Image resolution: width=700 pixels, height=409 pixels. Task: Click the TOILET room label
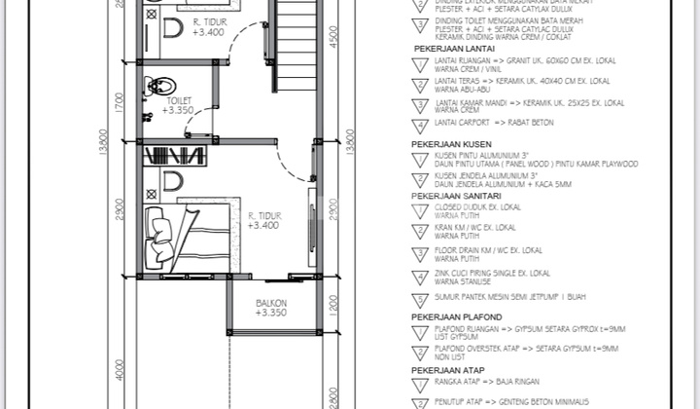click(x=178, y=99)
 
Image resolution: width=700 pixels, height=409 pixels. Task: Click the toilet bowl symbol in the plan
click(x=156, y=87)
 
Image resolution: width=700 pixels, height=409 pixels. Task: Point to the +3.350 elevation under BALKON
click(x=271, y=314)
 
